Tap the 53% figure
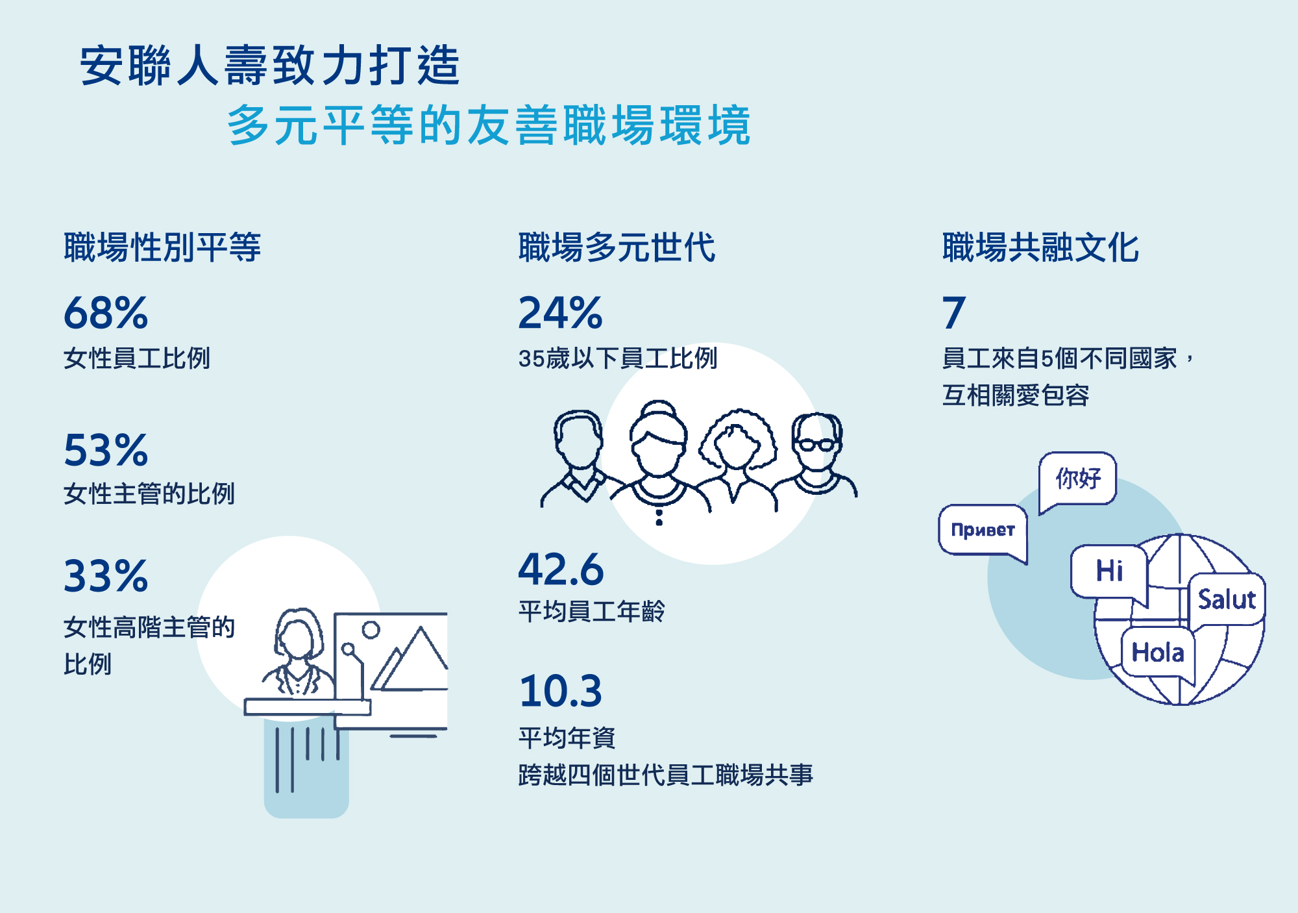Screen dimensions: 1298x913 coord(106,449)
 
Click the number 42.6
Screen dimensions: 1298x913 coord(561,569)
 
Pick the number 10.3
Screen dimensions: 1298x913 coord(561,690)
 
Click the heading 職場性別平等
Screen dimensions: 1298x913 coord(162,247)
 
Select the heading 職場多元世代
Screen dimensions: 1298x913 coord(617,247)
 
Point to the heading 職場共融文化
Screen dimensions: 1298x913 coord(1040,247)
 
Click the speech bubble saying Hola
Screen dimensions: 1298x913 coord(1158,653)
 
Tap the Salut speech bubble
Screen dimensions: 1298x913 coord(1227,599)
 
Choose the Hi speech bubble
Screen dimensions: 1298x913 coord(1109,571)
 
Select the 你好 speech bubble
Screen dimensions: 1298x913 coord(1078,479)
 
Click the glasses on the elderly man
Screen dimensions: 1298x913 coord(816,445)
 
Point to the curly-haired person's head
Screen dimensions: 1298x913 coord(737,440)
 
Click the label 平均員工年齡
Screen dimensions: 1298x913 coord(591,611)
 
